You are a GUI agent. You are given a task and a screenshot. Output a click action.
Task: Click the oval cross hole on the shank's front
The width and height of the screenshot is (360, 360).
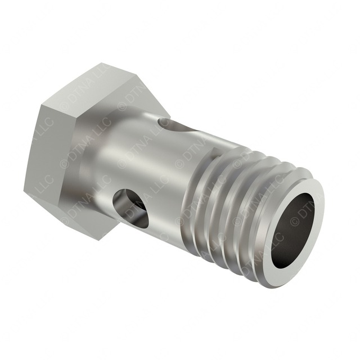pos(131,207)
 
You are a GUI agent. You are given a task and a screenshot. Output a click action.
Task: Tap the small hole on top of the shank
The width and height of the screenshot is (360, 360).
pos(166,123)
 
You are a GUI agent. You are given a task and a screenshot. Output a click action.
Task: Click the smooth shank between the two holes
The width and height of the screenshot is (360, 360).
pos(152,163)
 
